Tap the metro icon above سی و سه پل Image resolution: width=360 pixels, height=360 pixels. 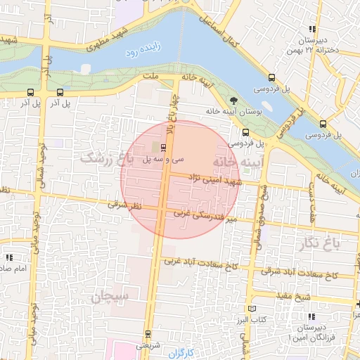coord(164,148)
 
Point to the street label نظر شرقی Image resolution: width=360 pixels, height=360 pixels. coord(124,205)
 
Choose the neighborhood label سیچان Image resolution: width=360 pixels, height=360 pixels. coord(110,297)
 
